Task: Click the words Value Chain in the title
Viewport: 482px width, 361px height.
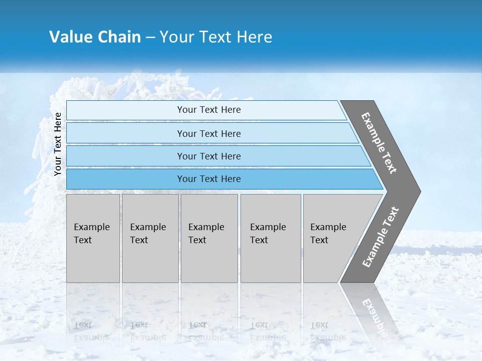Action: pyautogui.click(x=95, y=37)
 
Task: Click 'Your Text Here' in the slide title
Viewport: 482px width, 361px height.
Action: pyautogui.click(x=216, y=37)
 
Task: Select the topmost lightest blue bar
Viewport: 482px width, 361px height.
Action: pyautogui.click(x=126, y=110)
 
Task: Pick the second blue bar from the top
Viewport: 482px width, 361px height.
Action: pyautogui.click(x=126, y=133)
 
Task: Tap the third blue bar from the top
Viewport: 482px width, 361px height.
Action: pyautogui.click(x=126, y=156)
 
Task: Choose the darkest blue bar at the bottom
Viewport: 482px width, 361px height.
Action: pyautogui.click(x=126, y=179)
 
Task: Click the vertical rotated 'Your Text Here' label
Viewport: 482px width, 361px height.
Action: pyautogui.click(x=58, y=144)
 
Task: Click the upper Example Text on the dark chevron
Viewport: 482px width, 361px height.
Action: pyautogui.click(x=379, y=143)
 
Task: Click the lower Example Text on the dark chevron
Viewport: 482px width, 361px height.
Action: pyautogui.click(x=380, y=237)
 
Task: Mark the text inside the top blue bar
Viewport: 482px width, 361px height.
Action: pyautogui.click(x=209, y=110)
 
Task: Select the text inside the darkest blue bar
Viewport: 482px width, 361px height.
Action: pyautogui.click(x=209, y=179)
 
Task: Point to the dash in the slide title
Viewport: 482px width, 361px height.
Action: pyautogui.click(x=150, y=38)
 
